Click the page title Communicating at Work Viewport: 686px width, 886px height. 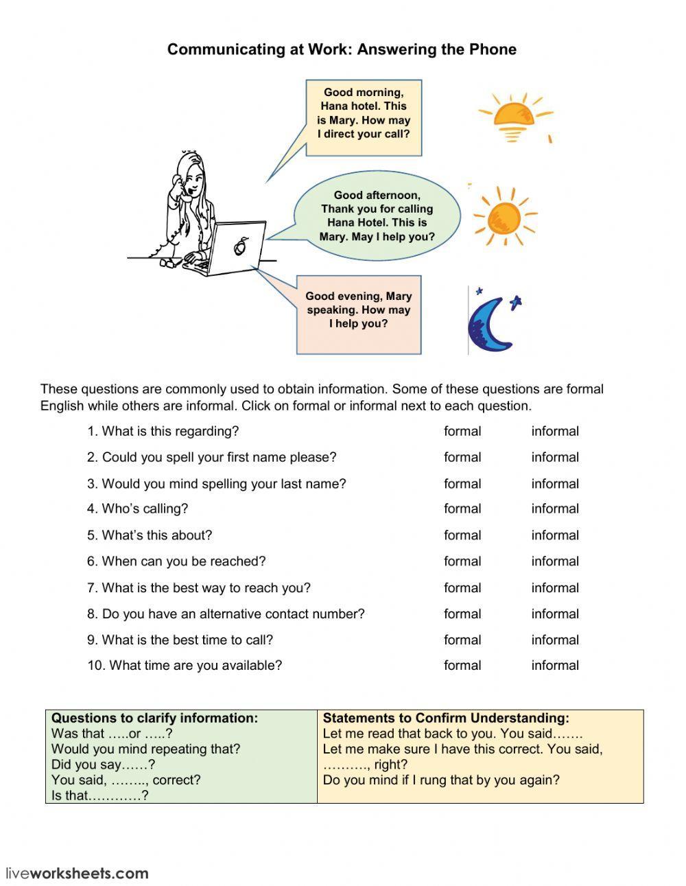tap(342, 49)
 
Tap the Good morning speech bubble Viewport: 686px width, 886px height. tap(364, 114)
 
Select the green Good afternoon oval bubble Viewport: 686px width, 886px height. tap(377, 216)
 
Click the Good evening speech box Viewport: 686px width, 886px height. tap(359, 311)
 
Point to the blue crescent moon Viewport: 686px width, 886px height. tap(492, 323)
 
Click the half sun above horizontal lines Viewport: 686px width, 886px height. tap(514, 115)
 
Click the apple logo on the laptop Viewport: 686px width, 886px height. tap(240, 246)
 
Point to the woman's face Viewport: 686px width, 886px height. tap(192, 180)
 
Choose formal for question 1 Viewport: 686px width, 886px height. tap(462, 432)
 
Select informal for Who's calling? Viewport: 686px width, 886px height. tap(554, 509)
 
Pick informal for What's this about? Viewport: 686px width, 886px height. tap(554, 535)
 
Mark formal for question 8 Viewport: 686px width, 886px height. tap(462, 614)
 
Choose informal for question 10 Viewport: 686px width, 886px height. tap(554, 666)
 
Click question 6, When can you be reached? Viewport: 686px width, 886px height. tap(176, 561)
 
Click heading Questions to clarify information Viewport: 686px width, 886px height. tap(154, 719)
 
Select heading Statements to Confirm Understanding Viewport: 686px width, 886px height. tap(446, 719)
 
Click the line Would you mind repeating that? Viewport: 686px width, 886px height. tap(145, 749)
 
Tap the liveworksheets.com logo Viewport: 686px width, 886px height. tap(77, 874)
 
